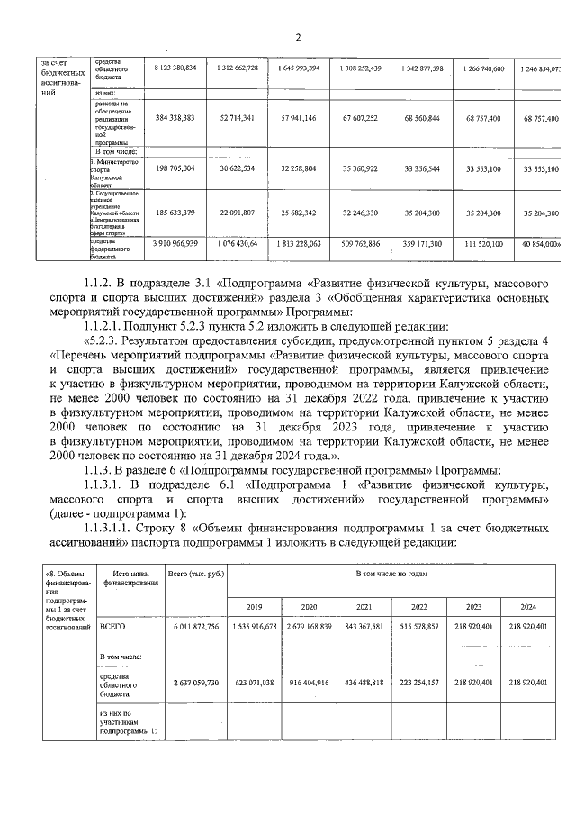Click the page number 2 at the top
[298, 36]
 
